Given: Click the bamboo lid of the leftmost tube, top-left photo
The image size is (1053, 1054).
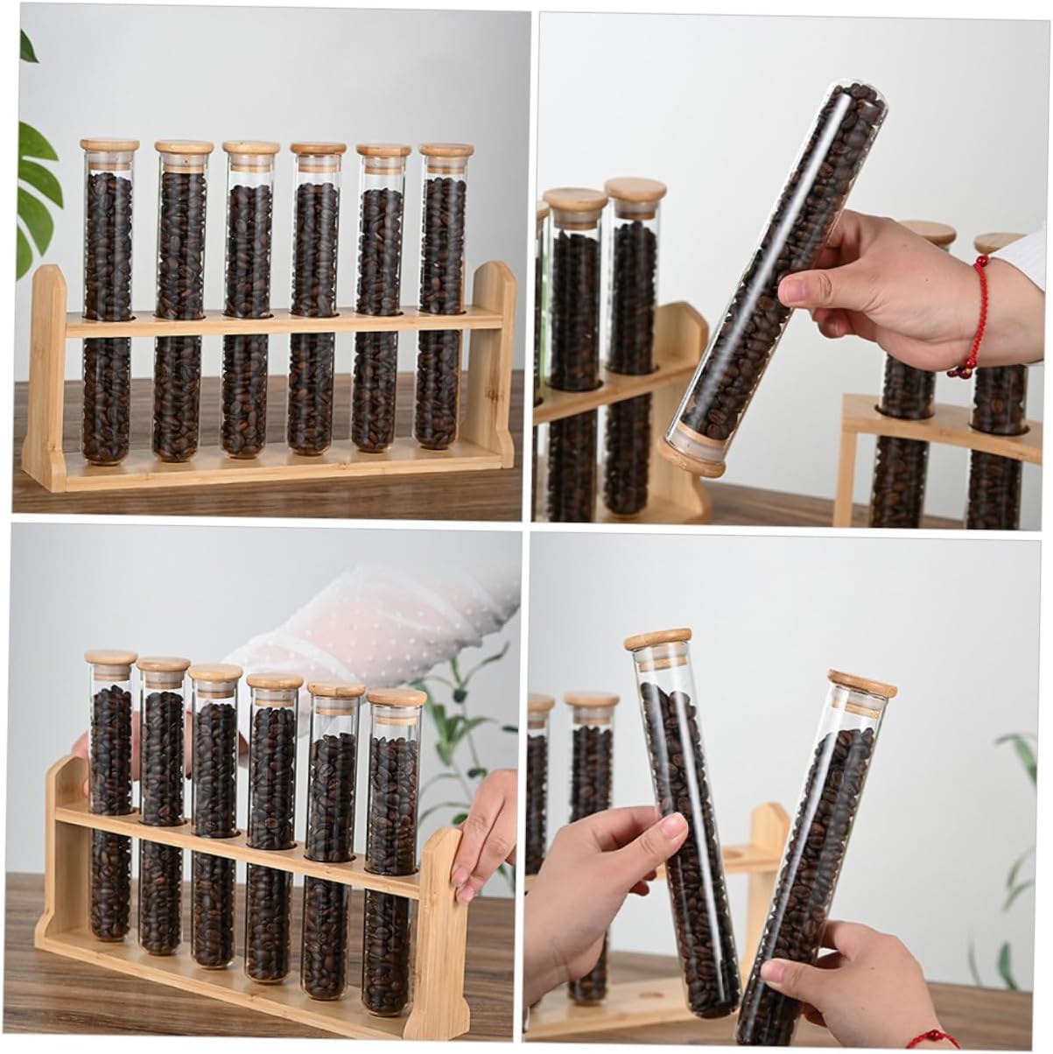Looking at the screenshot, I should click(x=109, y=145).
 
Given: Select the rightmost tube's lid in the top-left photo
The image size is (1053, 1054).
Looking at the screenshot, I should click(x=446, y=150).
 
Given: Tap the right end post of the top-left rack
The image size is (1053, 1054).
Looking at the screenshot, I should click(x=495, y=368).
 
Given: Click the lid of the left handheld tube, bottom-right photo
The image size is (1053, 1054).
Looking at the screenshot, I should click(x=657, y=638).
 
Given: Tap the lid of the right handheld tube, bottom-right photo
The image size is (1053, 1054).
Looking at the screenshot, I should click(x=862, y=683).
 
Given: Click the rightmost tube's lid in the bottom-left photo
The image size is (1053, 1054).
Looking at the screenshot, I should click(x=396, y=699).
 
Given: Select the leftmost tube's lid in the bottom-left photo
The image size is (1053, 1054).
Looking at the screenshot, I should click(x=110, y=657).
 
